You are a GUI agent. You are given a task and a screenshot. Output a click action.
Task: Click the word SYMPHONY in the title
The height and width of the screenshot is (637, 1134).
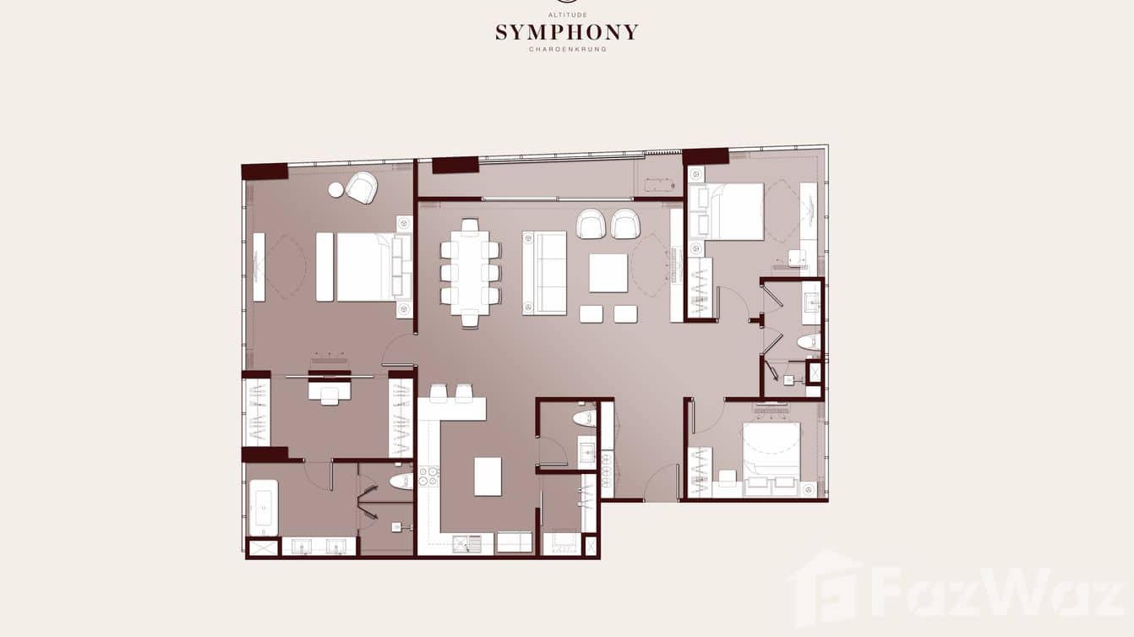pos(566,33)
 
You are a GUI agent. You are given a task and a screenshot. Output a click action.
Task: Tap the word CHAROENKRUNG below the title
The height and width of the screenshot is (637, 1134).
pos(567,50)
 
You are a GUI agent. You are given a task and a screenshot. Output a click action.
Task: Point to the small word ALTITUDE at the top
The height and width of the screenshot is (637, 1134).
pos(567,15)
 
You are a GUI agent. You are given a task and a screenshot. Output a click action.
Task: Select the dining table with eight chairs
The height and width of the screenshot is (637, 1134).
pos(470,273)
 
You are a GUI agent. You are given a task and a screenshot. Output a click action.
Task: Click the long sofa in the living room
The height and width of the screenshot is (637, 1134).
pos(544,273)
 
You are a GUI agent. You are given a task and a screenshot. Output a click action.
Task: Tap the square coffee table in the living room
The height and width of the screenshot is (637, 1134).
pos(608,273)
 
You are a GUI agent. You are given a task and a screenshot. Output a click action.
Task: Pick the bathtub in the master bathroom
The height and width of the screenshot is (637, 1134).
pos(263,507)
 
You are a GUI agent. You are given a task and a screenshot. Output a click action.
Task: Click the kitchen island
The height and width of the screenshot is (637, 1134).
pos(488,476)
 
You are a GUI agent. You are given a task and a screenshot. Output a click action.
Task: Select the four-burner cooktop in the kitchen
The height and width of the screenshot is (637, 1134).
pos(428,476)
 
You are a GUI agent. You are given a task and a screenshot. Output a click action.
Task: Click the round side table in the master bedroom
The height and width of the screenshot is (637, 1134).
pos(336,190)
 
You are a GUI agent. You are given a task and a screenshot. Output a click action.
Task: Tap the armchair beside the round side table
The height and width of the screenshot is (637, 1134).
pos(362,188)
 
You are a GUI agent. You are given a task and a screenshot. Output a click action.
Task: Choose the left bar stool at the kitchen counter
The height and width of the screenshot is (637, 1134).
pos(439,393)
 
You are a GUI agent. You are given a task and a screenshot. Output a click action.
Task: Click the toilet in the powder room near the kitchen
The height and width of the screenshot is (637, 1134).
pos(584,418)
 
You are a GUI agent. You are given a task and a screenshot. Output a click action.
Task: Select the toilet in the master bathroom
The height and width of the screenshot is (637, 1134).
pos(401,482)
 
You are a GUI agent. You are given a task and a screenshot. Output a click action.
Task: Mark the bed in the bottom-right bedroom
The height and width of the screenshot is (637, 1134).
pos(771,451)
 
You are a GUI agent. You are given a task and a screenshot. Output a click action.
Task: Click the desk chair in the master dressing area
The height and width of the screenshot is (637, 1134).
pos(330,397)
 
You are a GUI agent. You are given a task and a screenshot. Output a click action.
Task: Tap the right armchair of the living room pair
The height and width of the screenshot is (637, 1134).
pos(625,224)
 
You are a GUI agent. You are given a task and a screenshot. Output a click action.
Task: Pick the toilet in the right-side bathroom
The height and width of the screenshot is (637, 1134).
pos(809,342)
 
